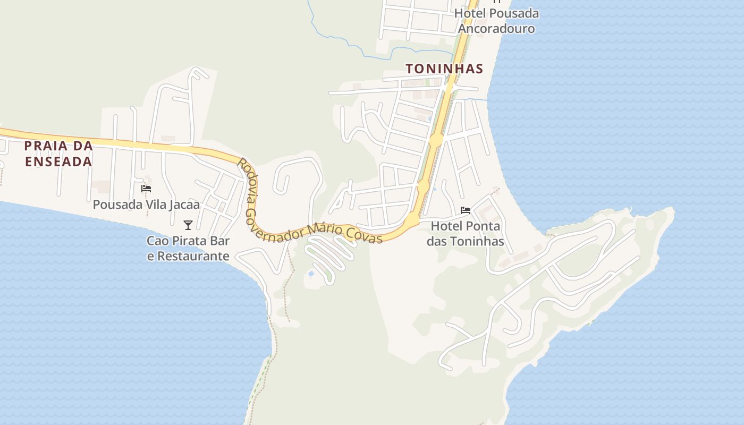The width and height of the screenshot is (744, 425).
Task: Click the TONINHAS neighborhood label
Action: click(x=444, y=69)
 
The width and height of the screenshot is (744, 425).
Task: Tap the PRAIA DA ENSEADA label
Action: click(x=58, y=154)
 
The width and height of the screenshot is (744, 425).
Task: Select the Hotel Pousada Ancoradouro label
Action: click(x=496, y=21)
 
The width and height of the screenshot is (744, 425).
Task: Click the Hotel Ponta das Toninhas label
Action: click(x=466, y=234)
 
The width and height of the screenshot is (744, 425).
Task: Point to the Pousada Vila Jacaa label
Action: click(x=146, y=205)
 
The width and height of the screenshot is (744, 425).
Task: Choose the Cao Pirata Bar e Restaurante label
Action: click(x=188, y=248)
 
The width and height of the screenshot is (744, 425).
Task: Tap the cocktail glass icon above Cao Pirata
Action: click(x=188, y=225)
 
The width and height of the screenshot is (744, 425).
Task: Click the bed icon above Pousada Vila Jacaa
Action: click(x=146, y=188)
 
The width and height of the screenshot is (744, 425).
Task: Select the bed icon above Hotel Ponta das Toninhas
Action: click(x=466, y=210)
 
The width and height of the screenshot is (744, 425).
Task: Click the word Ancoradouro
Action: click(x=496, y=28)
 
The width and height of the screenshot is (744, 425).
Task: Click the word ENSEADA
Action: click(x=58, y=161)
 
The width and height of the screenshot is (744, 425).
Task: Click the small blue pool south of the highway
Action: click(x=311, y=274)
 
